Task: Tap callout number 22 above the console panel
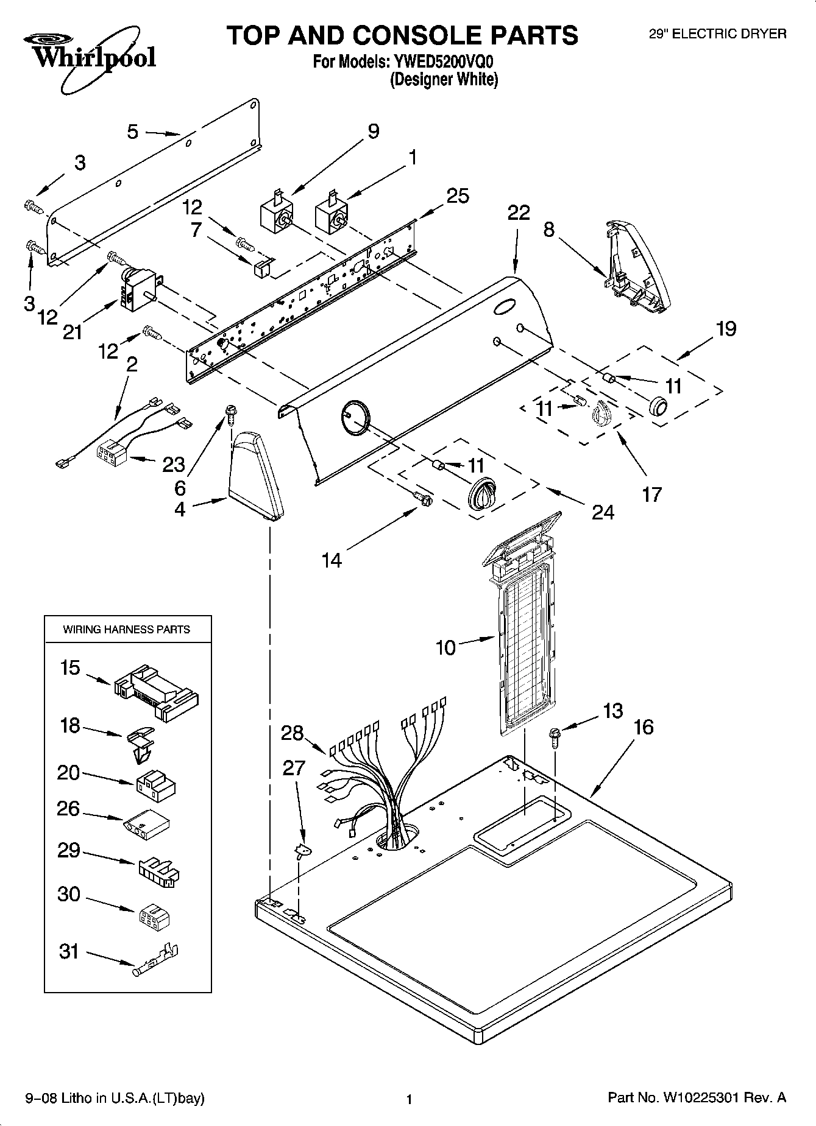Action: pos(519,213)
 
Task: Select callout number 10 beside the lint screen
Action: pos(446,647)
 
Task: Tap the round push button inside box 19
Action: pos(658,405)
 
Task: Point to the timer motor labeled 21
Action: pos(139,289)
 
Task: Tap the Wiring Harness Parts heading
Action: pos(127,629)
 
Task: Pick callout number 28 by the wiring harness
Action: pos(292,733)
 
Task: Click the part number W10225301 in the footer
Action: pos(697,1098)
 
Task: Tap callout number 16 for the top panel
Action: pos(644,727)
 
